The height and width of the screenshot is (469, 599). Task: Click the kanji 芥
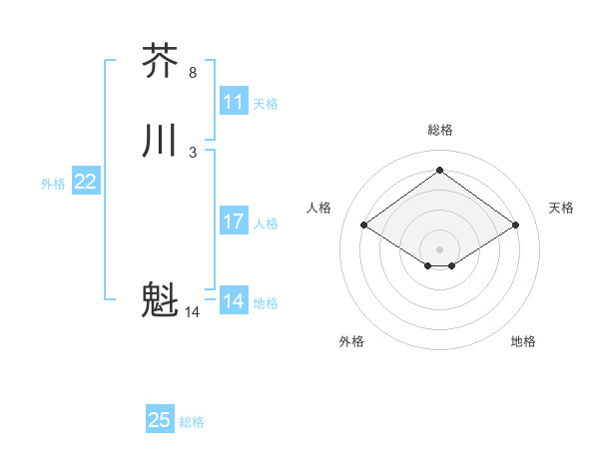pos(161,61)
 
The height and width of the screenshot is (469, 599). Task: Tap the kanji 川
pos(161,141)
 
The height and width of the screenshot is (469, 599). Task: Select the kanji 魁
pos(161,300)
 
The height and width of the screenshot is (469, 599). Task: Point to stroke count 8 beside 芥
pos(193,73)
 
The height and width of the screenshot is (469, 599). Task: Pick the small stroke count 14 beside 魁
pos(193,312)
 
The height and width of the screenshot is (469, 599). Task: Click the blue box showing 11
pos(234,102)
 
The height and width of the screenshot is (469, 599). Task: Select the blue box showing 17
pos(234,222)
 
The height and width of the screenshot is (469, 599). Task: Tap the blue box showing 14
pos(234,301)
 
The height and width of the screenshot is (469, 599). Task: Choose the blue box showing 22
pos(86,182)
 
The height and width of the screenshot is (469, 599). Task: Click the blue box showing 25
pos(160,420)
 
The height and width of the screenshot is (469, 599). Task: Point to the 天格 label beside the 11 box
pos(266,104)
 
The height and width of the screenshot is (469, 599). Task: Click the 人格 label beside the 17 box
pos(266,224)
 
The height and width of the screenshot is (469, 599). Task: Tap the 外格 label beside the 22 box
pos(53,184)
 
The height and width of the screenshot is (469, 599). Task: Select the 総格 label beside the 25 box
pos(192,422)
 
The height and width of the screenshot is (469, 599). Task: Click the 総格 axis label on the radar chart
pos(440,130)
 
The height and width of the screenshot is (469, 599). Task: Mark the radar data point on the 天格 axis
pos(515,226)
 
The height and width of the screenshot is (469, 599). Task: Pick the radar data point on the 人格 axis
pos(364,226)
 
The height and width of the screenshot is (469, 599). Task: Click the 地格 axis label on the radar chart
pos(523,341)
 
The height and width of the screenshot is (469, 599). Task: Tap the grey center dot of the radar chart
pos(440,248)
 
